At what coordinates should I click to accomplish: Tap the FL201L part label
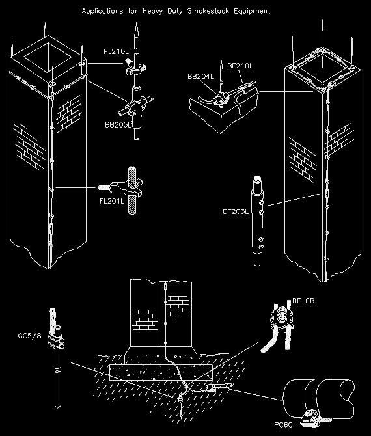click(x=112, y=202)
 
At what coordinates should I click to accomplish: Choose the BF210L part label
click(x=240, y=66)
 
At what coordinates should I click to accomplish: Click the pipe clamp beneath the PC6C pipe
click(x=309, y=416)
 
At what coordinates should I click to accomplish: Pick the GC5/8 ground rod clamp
click(x=56, y=338)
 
